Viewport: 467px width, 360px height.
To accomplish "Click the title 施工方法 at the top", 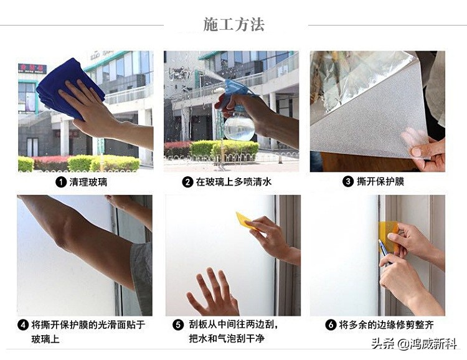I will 233,24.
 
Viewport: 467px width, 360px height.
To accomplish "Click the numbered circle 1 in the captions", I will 60,182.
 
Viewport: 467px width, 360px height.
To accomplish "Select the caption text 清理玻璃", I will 88,182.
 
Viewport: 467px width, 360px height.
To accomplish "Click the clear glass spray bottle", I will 239,127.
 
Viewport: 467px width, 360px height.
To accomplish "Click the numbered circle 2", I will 187,182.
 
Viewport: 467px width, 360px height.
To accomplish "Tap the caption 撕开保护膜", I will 381,182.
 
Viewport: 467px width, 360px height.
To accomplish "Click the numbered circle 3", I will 348,182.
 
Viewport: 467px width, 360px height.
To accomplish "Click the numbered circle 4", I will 23,325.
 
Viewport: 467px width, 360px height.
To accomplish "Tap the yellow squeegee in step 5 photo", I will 244,220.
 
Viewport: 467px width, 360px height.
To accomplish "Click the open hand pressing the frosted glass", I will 214,293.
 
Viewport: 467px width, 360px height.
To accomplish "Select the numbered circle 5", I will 177,325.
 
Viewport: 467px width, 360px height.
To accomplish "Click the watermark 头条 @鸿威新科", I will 414,344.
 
